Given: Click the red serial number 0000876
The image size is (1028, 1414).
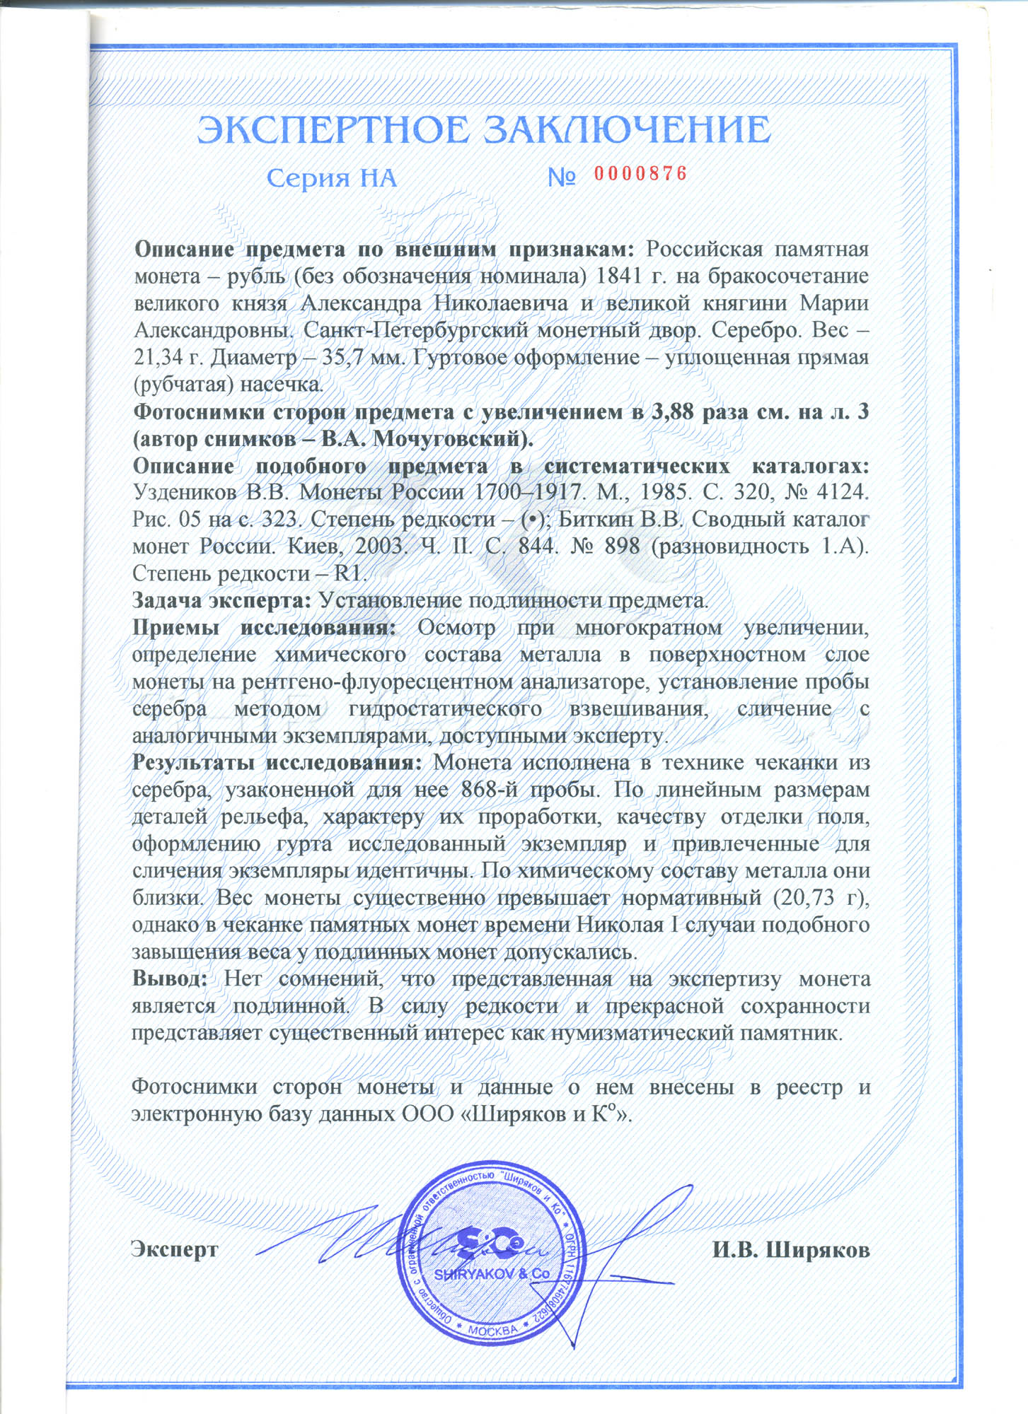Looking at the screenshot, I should click(640, 174).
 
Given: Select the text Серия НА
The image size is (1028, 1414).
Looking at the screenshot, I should click(331, 178).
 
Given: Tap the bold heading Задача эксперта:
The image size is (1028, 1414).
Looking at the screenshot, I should click(221, 601).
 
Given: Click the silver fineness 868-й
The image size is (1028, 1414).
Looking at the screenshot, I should click(491, 790).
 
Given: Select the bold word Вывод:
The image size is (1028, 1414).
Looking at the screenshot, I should click(170, 980).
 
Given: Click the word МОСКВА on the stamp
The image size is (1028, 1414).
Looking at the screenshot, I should click(493, 1331).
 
